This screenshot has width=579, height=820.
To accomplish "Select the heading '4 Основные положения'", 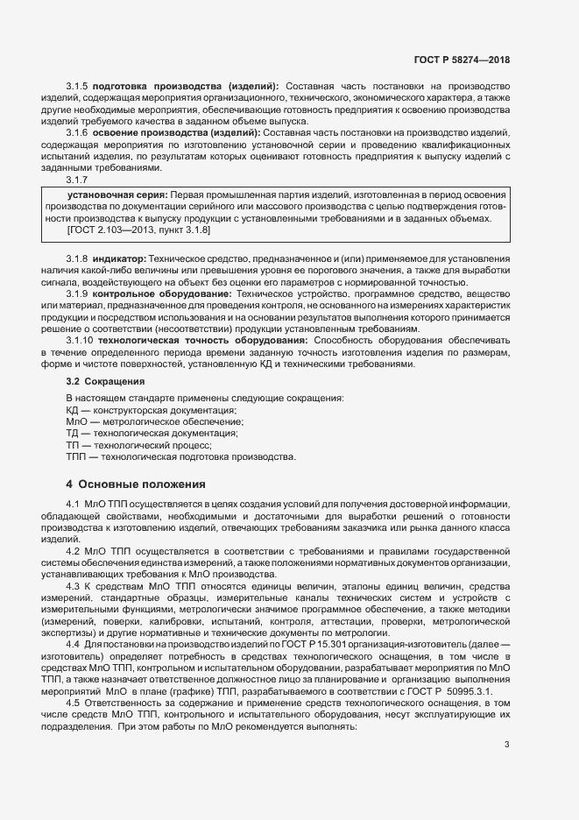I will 136,484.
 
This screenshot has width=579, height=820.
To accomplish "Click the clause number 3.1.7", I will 78,180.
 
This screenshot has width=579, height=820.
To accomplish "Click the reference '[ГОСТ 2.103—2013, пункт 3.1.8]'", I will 138,230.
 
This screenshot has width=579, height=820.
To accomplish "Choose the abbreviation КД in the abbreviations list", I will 72,410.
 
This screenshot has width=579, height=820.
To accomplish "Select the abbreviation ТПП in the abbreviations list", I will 76,456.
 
